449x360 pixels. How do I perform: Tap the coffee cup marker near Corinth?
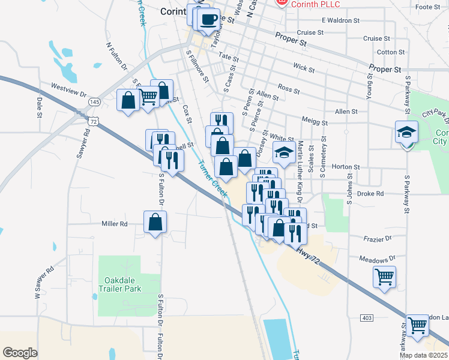coord(209,20)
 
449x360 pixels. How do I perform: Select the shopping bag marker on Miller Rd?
coord(155,223)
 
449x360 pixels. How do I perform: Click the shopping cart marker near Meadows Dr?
coord(384,277)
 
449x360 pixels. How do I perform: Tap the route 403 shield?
coord(367,317)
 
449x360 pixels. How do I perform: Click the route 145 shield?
coord(94,103)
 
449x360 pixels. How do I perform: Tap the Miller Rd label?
coord(115,224)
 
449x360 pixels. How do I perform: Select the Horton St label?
coord(345,167)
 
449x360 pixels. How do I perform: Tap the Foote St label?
coord(427,7)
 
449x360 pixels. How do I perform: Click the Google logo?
coord(20,352)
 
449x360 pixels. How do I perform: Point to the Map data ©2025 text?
coord(423,355)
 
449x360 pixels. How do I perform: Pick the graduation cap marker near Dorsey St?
coord(284,152)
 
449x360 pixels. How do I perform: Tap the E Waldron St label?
coord(340,20)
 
